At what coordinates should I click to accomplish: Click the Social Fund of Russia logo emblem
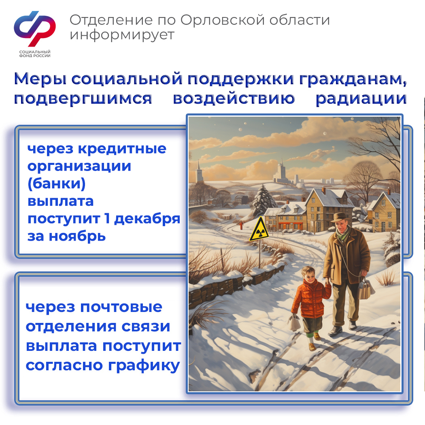pyautogui.click(x=35, y=28)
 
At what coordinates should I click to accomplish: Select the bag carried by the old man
pyautogui.click(x=366, y=288)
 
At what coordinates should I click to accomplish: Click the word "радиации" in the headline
pyautogui.click(x=361, y=99)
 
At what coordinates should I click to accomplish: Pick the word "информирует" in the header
pyautogui.click(x=122, y=35)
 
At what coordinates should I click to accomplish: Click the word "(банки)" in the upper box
pyautogui.click(x=57, y=184)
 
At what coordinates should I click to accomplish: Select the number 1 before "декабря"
pyautogui.click(x=107, y=218)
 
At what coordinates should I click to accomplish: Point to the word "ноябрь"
pyautogui.click(x=77, y=236)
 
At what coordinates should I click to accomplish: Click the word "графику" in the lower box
pyautogui.click(x=144, y=366)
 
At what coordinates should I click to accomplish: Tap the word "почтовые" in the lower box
pyautogui.click(x=121, y=307)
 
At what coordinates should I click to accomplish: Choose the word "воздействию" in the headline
pyautogui.click(x=234, y=98)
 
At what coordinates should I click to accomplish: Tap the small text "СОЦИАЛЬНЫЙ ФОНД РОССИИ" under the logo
pyautogui.click(x=35, y=54)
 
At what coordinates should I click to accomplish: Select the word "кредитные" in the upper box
pyautogui.click(x=122, y=149)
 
